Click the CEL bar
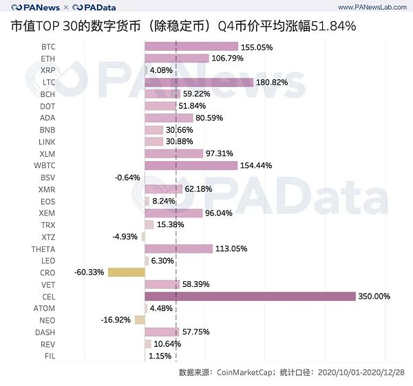[250, 296]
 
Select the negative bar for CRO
[126, 272]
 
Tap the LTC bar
[198, 82]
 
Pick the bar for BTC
[191, 47]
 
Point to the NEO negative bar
[140, 319]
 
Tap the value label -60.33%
[89, 272]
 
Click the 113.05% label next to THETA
[231, 248]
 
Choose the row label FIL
[50, 355]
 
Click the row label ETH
[48, 58]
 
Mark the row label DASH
[47, 332]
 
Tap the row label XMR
[47, 189]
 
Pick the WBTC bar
[191, 165]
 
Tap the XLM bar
[174, 153]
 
